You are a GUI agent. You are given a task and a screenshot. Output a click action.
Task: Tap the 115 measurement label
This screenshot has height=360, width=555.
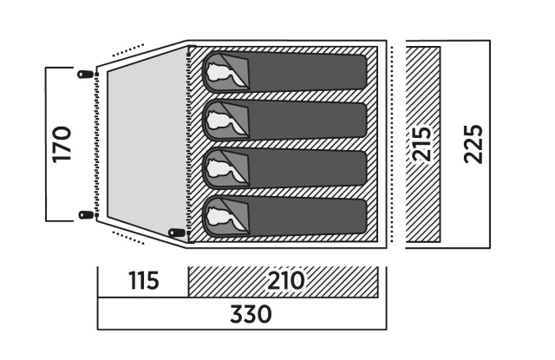143,282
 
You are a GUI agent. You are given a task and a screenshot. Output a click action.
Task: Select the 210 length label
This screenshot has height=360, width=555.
286,282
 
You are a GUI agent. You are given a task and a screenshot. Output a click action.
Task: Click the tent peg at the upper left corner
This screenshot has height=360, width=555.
85,74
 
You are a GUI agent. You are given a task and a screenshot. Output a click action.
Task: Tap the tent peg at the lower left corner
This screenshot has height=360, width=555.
85,214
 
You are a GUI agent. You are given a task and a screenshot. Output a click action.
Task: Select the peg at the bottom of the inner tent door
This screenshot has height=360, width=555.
179,232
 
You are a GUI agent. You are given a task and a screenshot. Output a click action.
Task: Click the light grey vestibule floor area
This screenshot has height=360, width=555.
143,143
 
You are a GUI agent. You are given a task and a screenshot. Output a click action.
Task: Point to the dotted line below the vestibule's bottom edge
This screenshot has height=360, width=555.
127,235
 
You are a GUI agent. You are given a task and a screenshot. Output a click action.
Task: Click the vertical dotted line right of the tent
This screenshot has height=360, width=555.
392,143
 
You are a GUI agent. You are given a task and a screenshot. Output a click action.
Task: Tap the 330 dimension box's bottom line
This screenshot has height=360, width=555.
241,329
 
